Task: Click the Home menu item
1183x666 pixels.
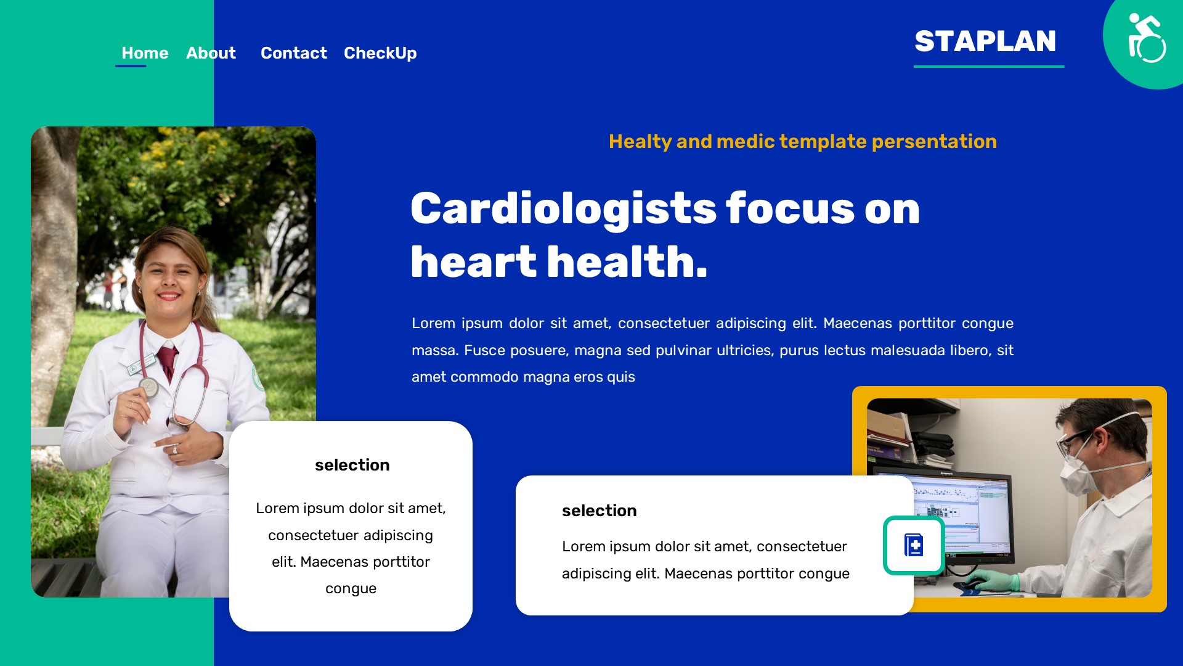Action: tap(145, 53)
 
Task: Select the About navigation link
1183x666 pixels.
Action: tap(211, 53)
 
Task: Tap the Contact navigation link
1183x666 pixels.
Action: tap(293, 53)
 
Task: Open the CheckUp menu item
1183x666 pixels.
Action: tap(380, 53)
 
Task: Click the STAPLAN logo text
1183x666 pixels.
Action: tap(985, 41)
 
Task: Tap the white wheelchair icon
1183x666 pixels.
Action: tap(1146, 38)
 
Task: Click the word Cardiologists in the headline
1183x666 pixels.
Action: tap(563, 208)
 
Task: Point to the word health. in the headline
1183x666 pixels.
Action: tap(627, 262)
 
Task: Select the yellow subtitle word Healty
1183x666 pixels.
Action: tap(640, 141)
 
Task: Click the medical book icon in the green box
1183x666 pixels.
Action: tap(914, 546)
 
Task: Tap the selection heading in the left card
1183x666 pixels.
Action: tap(352, 465)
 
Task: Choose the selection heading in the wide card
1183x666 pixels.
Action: tap(599, 511)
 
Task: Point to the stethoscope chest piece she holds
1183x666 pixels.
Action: tap(148, 387)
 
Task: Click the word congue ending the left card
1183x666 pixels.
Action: tap(351, 588)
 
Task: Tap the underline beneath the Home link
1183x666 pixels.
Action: tap(131, 65)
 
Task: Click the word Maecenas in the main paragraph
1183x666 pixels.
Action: tap(857, 323)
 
